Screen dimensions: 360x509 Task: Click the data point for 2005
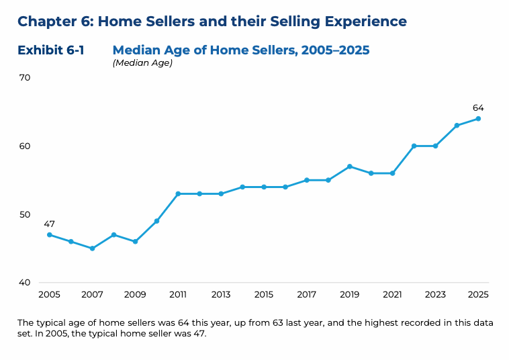[x=49, y=234]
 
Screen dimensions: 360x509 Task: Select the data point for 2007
[x=92, y=249]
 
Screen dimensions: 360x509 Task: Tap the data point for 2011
[x=178, y=193]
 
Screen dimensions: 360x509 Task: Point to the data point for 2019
[x=349, y=166]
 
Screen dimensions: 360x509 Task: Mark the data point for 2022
[x=414, y=146]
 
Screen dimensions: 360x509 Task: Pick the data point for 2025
[x=478, y=118]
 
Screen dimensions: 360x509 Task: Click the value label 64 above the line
[x=478, y=107]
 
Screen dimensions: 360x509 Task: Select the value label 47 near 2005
[x=49, y=224]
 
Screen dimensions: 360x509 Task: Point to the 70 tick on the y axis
[x=25, y=77]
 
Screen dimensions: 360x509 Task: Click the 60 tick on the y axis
[x=25, y=146]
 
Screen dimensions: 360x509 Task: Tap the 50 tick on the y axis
[x=25, y=214]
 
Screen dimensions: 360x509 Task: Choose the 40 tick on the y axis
[x=25, y=283]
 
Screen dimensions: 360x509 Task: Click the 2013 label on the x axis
[x=221, y=294]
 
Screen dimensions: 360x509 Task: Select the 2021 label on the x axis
[x=392, y=294]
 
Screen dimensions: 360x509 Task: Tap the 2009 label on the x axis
[x=135, y=294]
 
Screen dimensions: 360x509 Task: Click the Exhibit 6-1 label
[x=51, y=50]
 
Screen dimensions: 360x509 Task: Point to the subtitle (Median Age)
[x=142, y=63]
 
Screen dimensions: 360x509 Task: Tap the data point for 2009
[x=135, y=241]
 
